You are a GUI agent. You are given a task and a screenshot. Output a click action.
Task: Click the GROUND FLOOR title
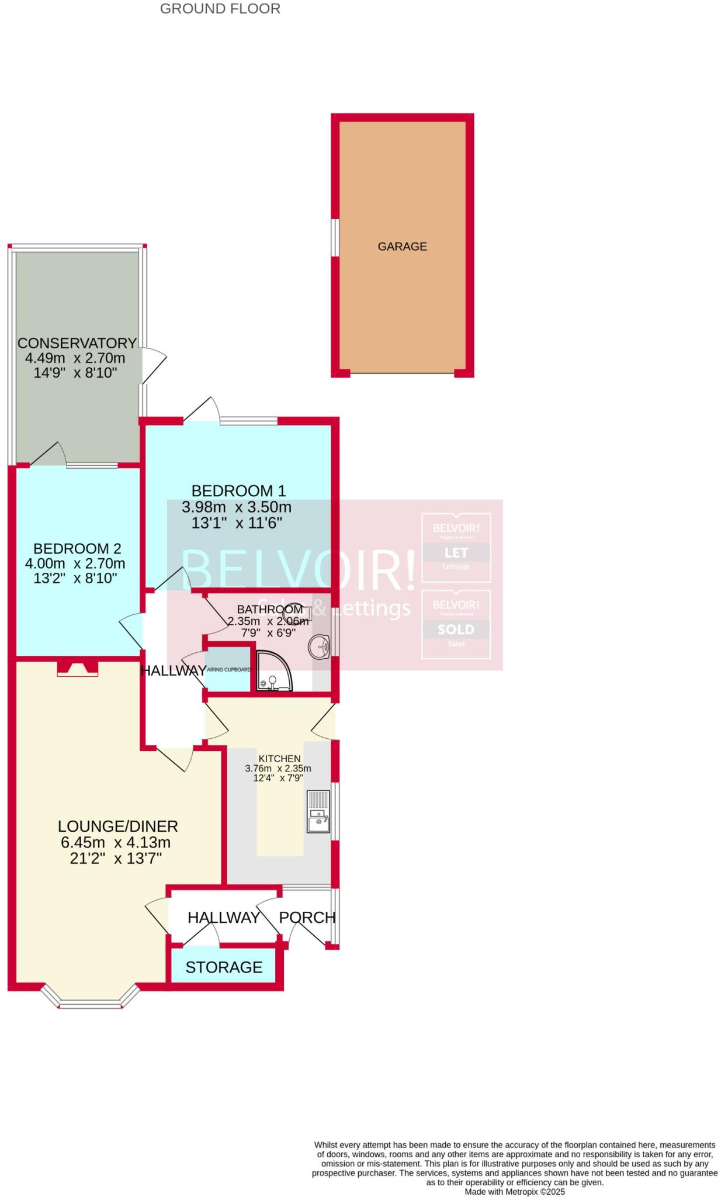click(x=220, y=9)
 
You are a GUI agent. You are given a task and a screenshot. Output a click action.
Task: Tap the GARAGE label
click(x=402, y=247)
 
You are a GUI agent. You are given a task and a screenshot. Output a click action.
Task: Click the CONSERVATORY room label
click(x=77, y=343)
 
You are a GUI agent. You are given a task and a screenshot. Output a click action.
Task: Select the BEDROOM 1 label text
click(x=238, y=490)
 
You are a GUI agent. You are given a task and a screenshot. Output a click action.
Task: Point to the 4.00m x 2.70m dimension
click(x=75, y=564)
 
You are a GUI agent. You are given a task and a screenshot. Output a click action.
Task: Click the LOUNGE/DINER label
click(x=117, y=826)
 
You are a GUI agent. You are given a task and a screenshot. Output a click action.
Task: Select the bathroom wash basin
click(x=320, y=647)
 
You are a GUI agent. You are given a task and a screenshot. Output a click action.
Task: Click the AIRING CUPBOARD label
click(x=229, y=670)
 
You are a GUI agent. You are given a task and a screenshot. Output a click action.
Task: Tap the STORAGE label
click(x=224, y=967)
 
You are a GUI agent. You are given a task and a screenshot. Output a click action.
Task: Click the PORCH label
click(x=307, y=918)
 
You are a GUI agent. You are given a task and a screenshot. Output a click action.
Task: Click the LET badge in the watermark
click(x=456, y=552)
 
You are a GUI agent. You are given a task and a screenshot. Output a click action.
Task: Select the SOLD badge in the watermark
click(x=456, y=629)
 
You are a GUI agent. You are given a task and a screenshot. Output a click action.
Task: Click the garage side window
click(x=334, y=237)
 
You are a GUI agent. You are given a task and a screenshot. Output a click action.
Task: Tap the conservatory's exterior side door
click(x=153, y=366)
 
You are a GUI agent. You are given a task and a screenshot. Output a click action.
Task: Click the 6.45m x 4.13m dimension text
click(x=116, y=843)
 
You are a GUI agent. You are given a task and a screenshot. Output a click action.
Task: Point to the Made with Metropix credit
click(x=514, y=1192)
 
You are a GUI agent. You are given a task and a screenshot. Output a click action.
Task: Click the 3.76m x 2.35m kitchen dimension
click(x=278, y=769)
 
